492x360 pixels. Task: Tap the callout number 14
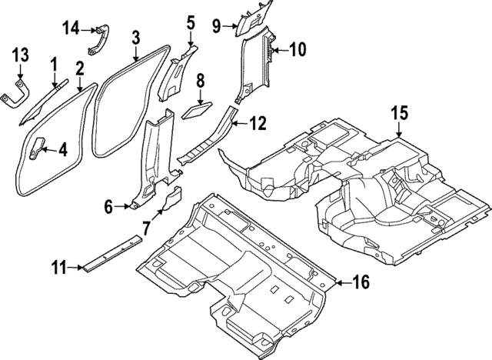click(x=71, y=28)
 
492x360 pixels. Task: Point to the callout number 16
click(x=361, y=283)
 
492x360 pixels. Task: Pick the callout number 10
click(x=297, y=50)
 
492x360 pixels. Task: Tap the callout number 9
click(x=216, y=28)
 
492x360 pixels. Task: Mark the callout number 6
click(x=108, y=205)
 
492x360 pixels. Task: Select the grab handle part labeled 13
click(x=17, y=93)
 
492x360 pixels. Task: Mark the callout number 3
click(x=135, y=36)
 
